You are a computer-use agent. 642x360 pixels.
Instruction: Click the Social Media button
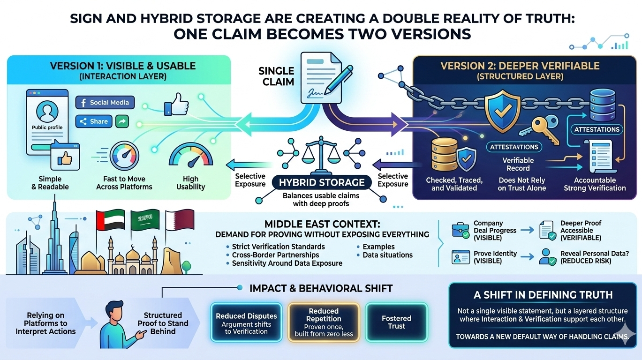[105, 103]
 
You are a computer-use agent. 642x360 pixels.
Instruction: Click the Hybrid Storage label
[322, 182]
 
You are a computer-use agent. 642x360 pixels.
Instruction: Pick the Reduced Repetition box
[324, 322]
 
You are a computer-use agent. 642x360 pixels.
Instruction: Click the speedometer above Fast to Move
[124, 157]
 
